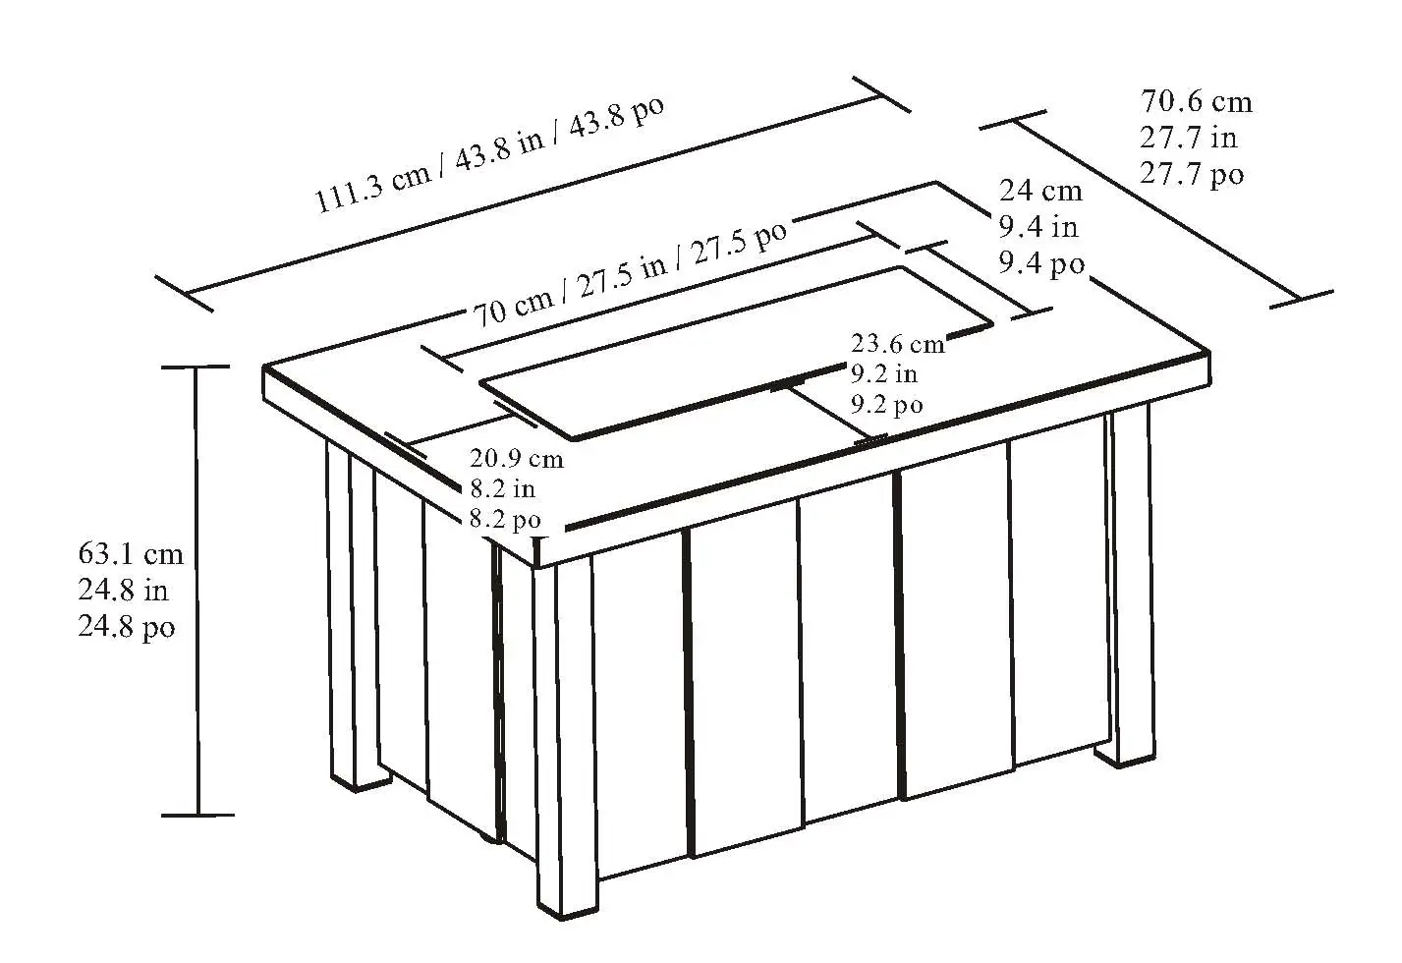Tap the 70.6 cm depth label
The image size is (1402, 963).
pos(1196,102)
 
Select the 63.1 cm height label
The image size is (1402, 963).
pos(131,554)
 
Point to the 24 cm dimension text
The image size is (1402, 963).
pos(1040,191)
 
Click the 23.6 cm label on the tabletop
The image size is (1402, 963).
pos(897,344)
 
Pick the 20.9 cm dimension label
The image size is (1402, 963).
pos(517,459)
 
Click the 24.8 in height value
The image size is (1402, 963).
pos(123,591)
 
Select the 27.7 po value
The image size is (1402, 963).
pos(1192,174)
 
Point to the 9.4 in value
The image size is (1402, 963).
pos(1038,227)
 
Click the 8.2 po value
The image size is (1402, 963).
pos(505,520)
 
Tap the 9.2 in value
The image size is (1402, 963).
pos(884,373)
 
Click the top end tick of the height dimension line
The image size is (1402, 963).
pos(196,367)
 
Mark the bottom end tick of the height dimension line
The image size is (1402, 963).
pos(197,816)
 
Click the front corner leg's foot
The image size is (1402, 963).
pos(568,903)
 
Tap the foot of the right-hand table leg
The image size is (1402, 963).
pos(1125,754)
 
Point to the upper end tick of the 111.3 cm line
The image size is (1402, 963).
pos(881,94)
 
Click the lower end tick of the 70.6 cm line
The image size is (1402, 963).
pos(1301,300)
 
